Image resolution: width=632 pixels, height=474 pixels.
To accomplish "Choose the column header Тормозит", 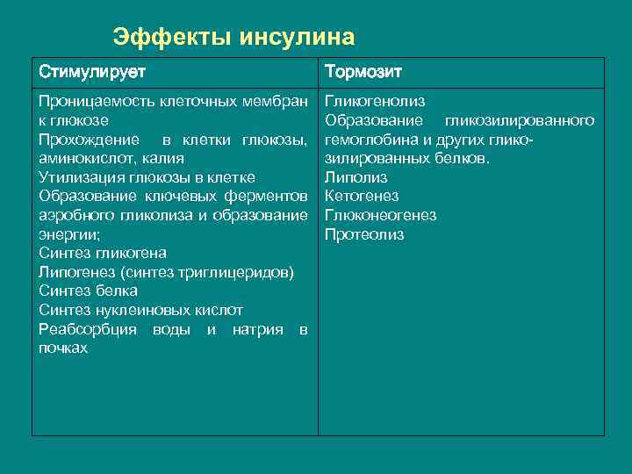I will (363, 71).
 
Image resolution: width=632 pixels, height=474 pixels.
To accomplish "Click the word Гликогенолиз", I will (375, 101).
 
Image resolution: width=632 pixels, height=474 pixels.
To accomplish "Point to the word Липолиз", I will (355, 177).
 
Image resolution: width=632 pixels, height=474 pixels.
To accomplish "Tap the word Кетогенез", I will (362, 196).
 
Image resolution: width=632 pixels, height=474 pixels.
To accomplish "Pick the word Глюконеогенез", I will (380, 215).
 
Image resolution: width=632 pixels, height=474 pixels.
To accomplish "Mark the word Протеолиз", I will (364, 234).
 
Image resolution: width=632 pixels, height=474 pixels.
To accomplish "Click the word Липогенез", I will (75, 272).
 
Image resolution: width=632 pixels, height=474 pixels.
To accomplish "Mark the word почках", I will (63, 348).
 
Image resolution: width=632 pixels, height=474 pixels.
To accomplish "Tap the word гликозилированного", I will (519, 120).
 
